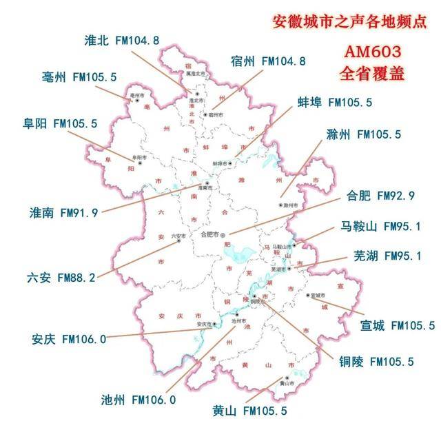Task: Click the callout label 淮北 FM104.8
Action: coord(121,40)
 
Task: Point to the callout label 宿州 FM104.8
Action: coord(268,61)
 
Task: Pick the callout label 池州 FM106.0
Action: coord(139,399)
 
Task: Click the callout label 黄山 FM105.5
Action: coord(249,411)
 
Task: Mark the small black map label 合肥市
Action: coord(208,234)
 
